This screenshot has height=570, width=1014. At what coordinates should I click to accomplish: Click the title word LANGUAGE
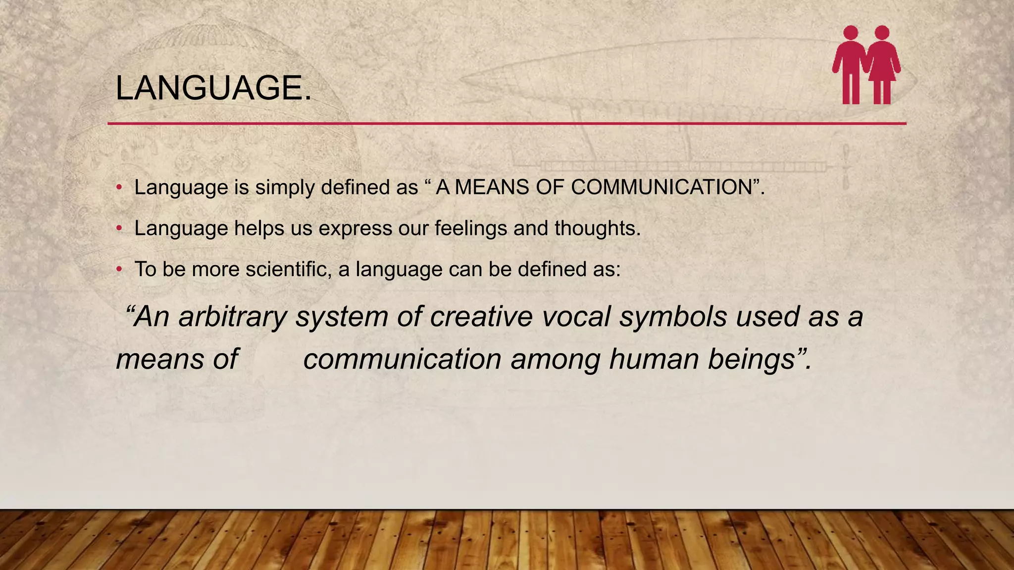pos(213,88)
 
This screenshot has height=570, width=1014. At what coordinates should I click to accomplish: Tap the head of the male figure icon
pos(851,33)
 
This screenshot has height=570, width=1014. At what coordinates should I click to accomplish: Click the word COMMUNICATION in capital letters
pos(661,188)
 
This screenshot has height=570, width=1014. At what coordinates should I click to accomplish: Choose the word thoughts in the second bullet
pos(597,229)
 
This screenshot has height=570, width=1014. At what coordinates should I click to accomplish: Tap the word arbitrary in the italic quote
pos(233,317)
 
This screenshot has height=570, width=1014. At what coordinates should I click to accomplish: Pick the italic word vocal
pos(576,317)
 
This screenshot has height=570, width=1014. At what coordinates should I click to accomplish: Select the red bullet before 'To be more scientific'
pos(119,270)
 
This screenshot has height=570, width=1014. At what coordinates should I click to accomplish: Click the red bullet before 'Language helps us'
pos(119,229)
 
